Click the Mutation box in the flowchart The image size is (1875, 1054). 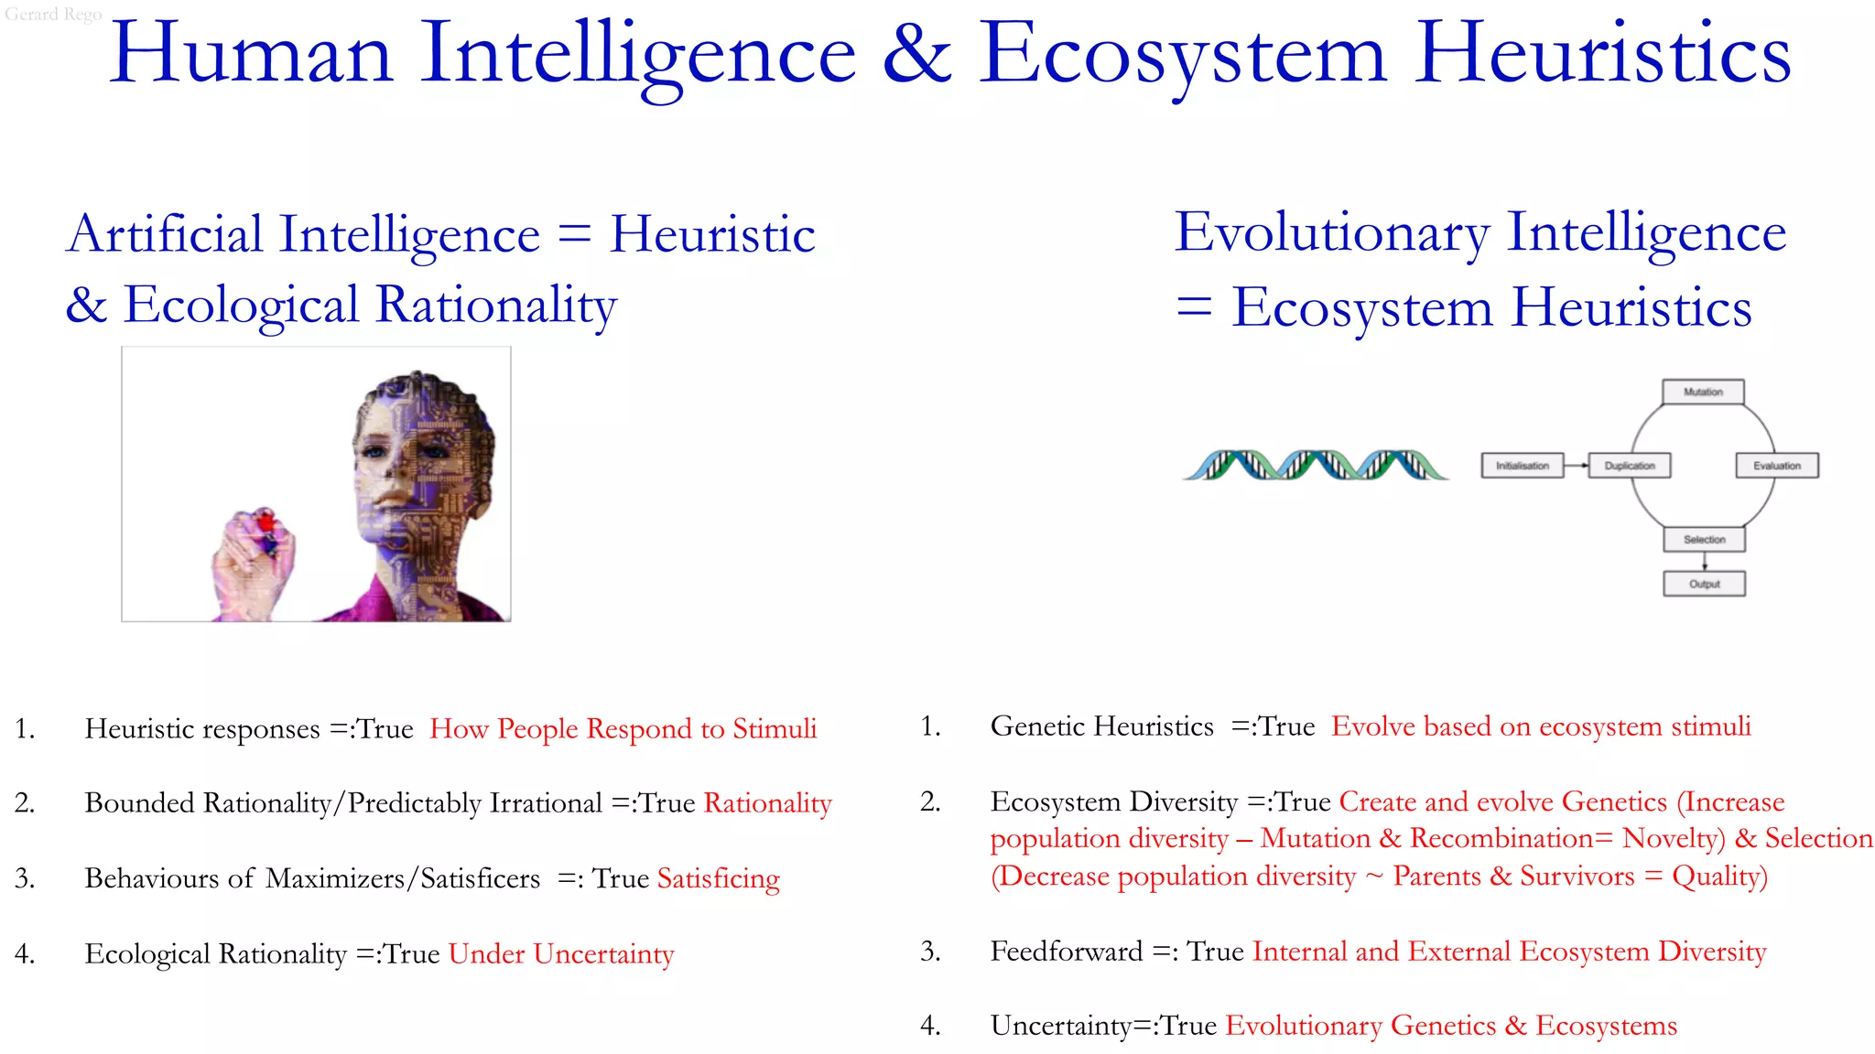(1703, 392)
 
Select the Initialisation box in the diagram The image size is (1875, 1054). (1523, 466)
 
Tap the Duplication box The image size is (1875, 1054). (1630, 466)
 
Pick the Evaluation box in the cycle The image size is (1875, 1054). (1777, 466)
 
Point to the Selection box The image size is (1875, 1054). (1704, 540)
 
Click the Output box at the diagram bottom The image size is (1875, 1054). (1704, 584)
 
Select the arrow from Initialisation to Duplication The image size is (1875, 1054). (1577, 466)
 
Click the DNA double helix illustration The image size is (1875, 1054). (1316, 465)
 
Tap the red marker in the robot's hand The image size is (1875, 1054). (266, 524)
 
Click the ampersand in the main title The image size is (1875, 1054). (917, 55)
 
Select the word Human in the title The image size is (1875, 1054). (252, 55)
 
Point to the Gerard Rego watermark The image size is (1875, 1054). (53, 14)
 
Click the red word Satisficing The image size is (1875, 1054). (719, 878)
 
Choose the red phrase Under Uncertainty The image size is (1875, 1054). (561, 953)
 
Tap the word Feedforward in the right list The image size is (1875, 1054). (1067, 952)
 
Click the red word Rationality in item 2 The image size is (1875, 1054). (768, 803)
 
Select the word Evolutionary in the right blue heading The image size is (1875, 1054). (1332, 232)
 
